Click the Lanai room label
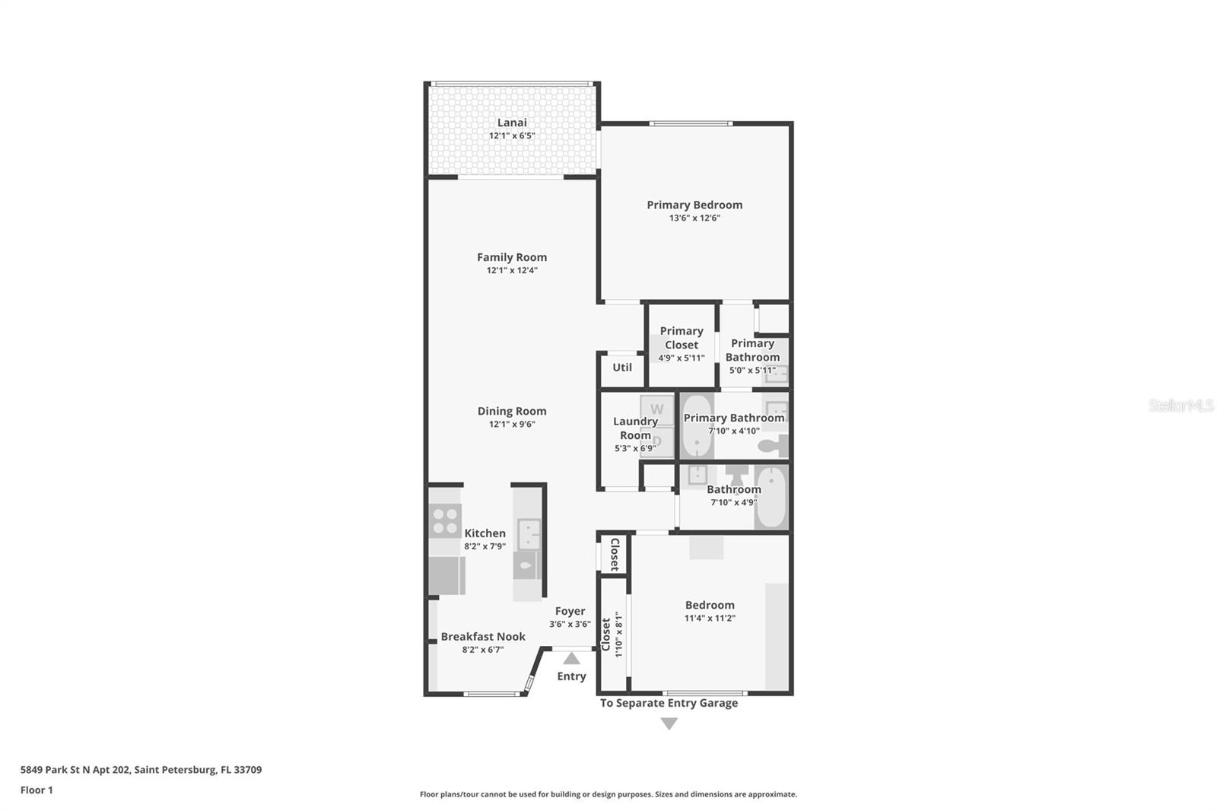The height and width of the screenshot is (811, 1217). click(512, 122)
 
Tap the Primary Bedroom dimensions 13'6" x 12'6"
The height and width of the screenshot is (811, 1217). click(694, 218)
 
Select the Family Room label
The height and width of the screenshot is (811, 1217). click(512, 257)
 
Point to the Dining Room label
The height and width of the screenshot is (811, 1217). click(512, 411)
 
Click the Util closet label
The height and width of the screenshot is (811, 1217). click(622, 367)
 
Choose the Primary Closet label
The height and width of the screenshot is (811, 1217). click(682, 338)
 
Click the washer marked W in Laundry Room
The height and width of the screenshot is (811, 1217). click(657, 409)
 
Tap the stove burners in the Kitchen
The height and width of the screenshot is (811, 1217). click(445, 520)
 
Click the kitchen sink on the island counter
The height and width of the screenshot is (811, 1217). click(529, 534)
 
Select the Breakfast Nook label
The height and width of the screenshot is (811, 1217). click(483, 637)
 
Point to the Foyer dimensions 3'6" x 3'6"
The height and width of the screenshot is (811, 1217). click(570, 624)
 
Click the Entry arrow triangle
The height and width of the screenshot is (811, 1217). click(571, 659)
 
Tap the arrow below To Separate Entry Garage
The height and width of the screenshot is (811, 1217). click(669, 724)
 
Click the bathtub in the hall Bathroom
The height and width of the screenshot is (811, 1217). click(771, 497)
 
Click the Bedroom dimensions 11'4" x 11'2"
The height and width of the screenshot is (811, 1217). click(710, 618)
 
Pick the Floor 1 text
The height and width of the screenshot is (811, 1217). click(37, 790)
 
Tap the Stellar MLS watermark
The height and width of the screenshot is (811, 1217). click(1181, 405)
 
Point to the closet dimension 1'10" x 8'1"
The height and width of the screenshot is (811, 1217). click(618, 634)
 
